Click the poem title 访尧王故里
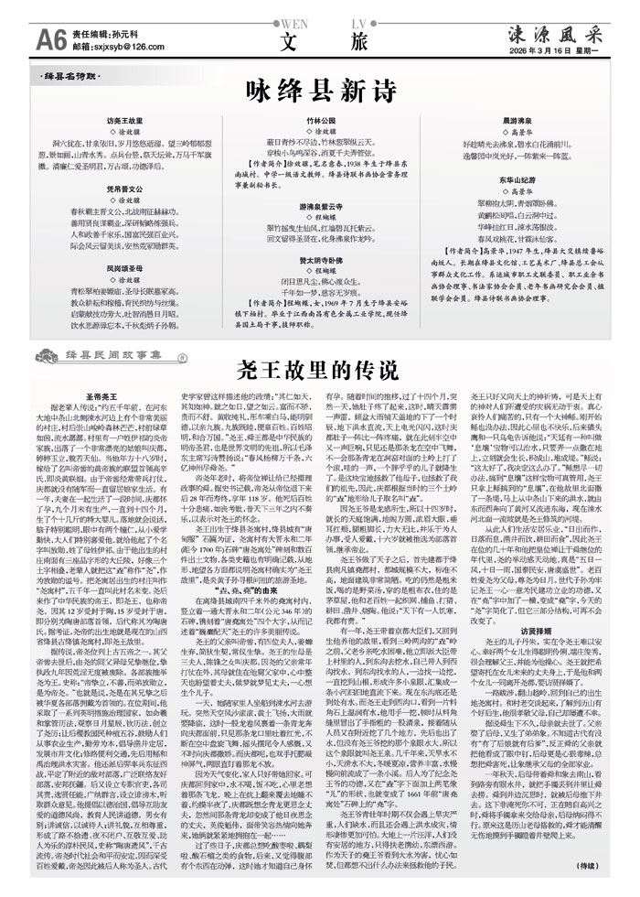tap(125, 120)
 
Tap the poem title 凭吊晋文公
tap(125, 185)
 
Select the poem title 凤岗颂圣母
tap(125, 243)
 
